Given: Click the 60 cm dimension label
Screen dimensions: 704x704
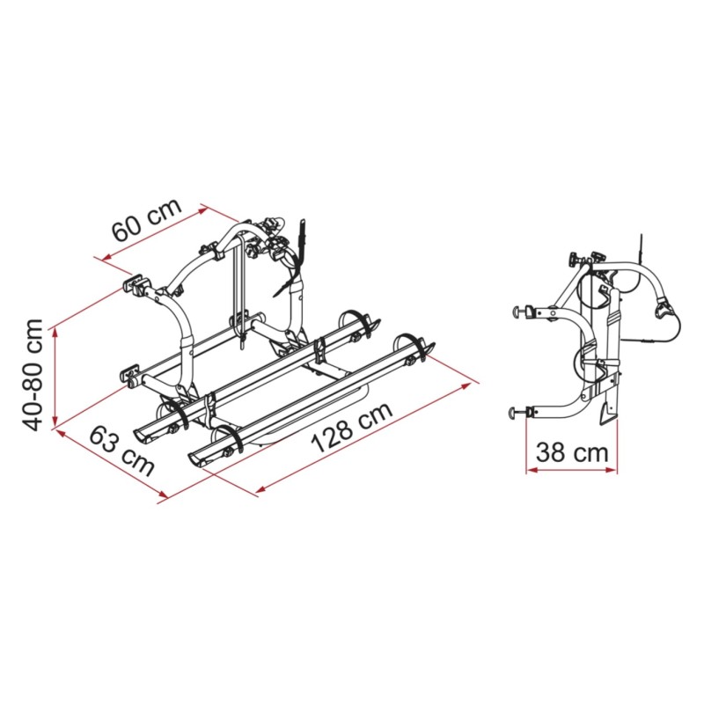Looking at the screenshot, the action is [x=146, y=219].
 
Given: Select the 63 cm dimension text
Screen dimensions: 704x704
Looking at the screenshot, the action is [x=121, y=451].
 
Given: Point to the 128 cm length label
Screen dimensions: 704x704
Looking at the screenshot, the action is [x=352, y=427].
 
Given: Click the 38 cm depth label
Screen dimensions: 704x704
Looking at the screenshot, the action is [x=572, y=452].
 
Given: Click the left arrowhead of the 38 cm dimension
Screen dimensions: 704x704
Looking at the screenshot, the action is [x=532, y=470].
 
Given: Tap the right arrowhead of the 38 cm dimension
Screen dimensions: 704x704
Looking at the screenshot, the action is [x=612, y=470].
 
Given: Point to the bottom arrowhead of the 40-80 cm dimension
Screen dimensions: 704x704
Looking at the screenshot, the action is [x=55, y=421].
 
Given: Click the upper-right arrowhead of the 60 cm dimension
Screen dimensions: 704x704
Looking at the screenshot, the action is [x=203, y=209].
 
